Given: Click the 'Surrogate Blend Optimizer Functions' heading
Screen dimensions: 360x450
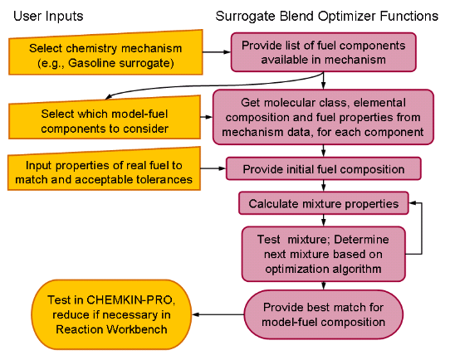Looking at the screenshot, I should click(x=326, y=15).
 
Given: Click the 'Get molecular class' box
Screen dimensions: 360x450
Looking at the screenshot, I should click(x=324, y=118).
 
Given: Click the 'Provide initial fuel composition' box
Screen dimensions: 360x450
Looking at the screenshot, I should click(x=324, y=169).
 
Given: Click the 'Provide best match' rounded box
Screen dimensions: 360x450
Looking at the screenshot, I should click(x=324, y=314).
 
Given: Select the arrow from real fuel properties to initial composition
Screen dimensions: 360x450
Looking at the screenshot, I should click(x=213, y=169).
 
